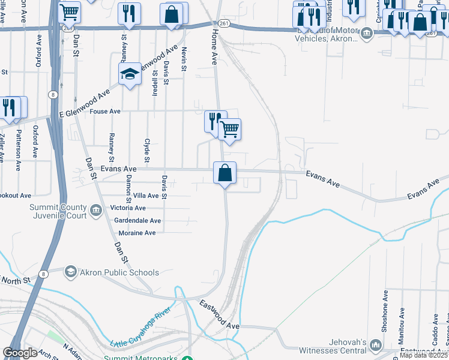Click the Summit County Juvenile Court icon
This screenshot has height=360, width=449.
[x=96, y=211]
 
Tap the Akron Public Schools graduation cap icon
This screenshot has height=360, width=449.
[x=71, y=272]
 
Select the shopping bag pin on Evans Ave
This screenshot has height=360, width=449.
[x=224, y=173]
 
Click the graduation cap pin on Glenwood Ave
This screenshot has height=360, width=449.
[x=130, y=74]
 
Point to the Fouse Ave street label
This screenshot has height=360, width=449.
[x=105, y=112]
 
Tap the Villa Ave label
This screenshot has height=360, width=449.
[x=146, y=196]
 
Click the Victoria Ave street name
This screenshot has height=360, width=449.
[x=128, y=208]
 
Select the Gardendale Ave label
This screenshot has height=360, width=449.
[x=136, y=220]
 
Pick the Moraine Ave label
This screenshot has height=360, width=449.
[x=137, y=233]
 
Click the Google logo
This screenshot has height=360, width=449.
[x=20, y=353]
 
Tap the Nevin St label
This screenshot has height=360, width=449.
[x=184, y=58]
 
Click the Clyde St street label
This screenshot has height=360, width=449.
[x=146, y=151]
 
